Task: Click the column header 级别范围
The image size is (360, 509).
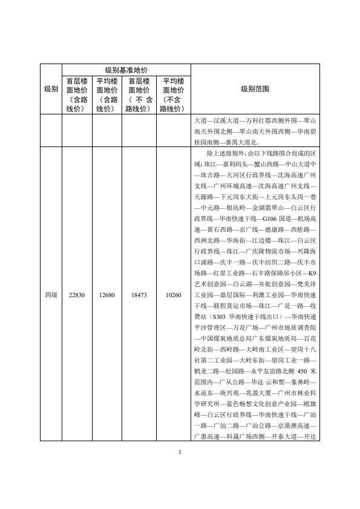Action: (x=255, y=89)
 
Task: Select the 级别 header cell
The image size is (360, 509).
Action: (x=51, y=89)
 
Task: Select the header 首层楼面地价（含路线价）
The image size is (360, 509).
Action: (x=77, y=95)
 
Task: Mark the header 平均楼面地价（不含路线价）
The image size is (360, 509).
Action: (x=172, y=95)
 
